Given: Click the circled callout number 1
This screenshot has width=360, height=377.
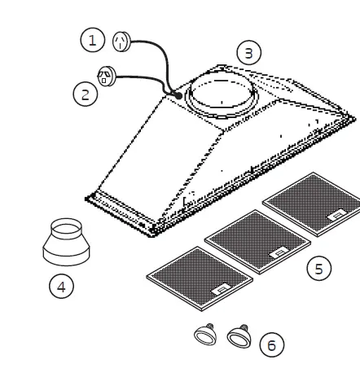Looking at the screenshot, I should (92, 37).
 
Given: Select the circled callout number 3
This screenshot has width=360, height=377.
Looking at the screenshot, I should (250, 52).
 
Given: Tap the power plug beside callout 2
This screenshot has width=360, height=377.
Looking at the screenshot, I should (105, 77).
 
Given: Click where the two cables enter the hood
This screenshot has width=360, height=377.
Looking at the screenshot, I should (176, 95).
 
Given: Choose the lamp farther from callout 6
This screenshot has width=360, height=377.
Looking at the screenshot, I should (204, 334).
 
